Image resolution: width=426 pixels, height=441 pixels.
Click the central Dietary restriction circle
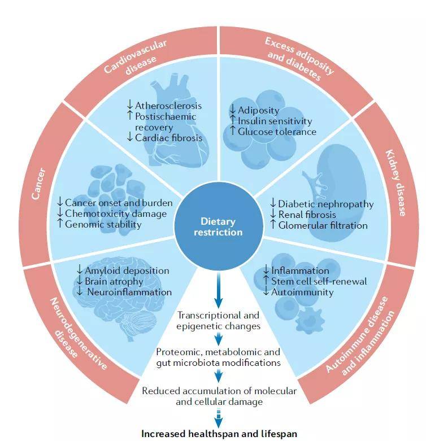pos(213,226)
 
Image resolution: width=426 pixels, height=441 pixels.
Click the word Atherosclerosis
pos(168,106)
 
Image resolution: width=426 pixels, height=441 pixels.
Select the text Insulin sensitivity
pos(275,121)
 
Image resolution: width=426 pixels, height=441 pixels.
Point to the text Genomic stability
pos(103,224)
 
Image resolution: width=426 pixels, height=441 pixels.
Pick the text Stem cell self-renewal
pos(318,281)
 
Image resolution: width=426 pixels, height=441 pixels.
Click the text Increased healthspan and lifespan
pos(219,434)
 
